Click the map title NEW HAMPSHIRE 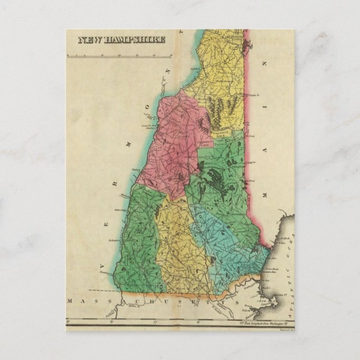pyautogui.click(x=121, y=40)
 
